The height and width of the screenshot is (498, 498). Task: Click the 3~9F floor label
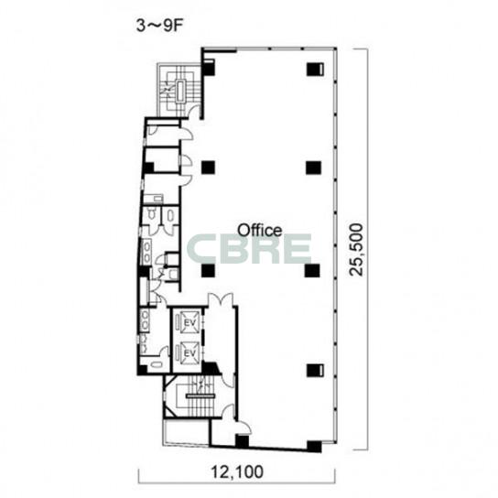(x=160, y=26)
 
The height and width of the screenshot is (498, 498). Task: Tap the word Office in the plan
(x=260, y=230)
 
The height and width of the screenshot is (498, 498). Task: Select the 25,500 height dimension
(x=355, y=250)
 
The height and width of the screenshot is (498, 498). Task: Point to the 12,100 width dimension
(x=237, y=471)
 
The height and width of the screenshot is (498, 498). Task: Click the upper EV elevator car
(x=189, y=322)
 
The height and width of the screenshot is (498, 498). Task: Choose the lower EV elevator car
(x=189, y=352)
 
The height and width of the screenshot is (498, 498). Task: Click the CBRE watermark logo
(x=249, y=249)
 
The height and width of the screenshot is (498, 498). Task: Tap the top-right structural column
(x=315, y=70)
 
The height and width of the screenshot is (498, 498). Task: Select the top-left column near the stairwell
(x=209, y=68)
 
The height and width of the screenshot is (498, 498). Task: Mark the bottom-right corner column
(x=314, y=447)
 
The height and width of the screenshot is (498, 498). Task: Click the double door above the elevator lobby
(x=221, y=299)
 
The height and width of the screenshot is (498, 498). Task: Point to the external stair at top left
(x=179, y=91)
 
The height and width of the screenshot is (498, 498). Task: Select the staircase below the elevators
(x=200, y=396)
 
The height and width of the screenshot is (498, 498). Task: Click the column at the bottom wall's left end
(x=242, y=441)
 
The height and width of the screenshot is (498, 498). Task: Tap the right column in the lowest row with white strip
(x=315, y=371)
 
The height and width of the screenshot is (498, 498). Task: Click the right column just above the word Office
(x=313, y=168)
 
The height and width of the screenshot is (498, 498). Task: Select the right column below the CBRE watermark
(x=312, y=271)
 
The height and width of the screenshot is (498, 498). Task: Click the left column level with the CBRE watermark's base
(x=208, y=271)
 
